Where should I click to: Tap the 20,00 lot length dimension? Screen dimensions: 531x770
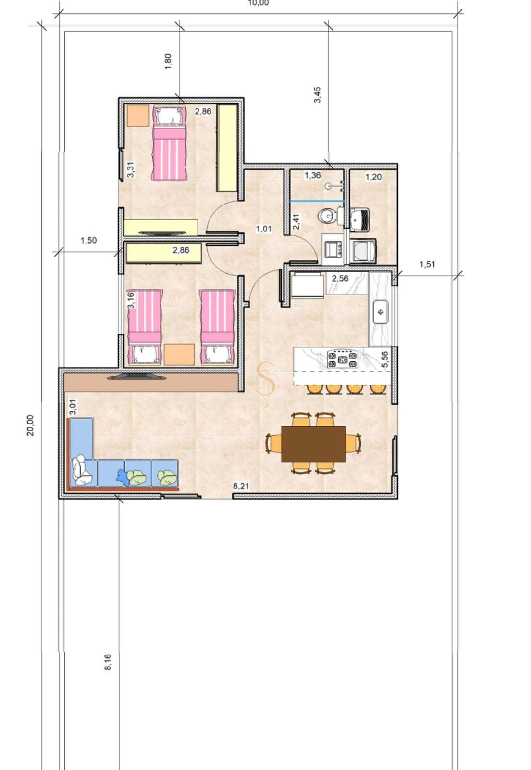31,425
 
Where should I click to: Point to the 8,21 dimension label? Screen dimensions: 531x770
241,486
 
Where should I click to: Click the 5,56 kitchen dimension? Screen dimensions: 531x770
385,359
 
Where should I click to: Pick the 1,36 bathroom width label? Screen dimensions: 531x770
313,175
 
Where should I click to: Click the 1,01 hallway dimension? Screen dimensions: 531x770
264,229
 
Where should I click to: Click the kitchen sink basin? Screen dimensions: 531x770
381,312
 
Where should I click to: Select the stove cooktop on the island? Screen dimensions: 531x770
342,359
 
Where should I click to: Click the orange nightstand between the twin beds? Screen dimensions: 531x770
179,354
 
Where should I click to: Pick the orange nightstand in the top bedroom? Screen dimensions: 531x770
138,116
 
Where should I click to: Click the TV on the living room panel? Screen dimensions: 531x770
136,377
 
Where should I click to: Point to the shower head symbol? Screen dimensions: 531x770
328,186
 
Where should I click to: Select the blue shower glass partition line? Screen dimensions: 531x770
317,200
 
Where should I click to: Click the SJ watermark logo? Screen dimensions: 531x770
266,385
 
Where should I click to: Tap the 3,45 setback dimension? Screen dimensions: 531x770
317,94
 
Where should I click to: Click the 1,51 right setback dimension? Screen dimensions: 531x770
427,264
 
